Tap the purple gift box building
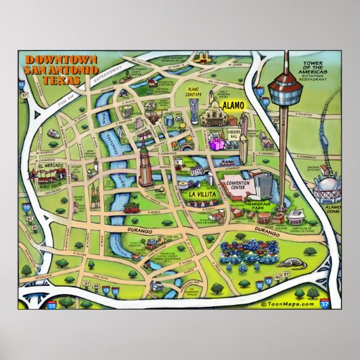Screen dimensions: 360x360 click(216, 144)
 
